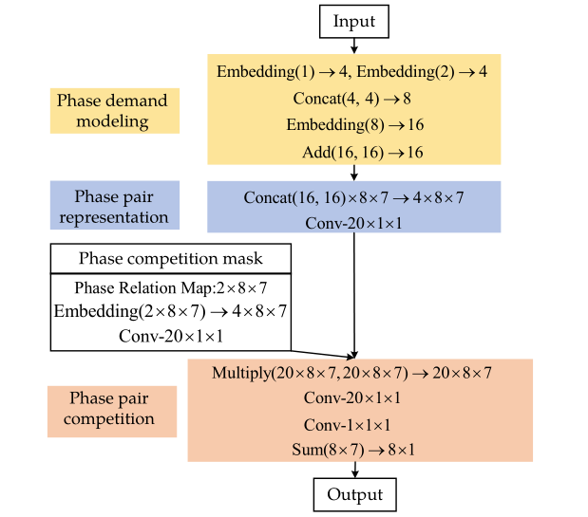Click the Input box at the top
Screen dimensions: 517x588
click(354, 20)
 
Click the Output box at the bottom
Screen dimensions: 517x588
click(354, 494)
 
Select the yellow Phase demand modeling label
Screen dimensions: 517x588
click(114, 111)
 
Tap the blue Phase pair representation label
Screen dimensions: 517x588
click(114, 207)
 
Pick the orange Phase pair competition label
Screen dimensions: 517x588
click(112, 409)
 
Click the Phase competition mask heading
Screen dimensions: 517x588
click(170, 259)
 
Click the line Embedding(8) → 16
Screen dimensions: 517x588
click(354, 124)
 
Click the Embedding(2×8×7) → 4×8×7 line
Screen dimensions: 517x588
click(170, 311)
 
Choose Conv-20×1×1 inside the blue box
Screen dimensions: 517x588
click(354, 223)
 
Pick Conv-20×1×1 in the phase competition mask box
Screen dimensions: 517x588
click(170, 335)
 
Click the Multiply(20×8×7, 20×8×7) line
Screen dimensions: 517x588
click(352, 373)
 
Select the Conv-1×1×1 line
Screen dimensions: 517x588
click(352, 424)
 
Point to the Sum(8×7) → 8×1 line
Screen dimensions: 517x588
click(352, 449)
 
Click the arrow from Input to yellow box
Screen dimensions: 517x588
click(354, 44)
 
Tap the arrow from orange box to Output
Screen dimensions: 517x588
click(354, 470)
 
